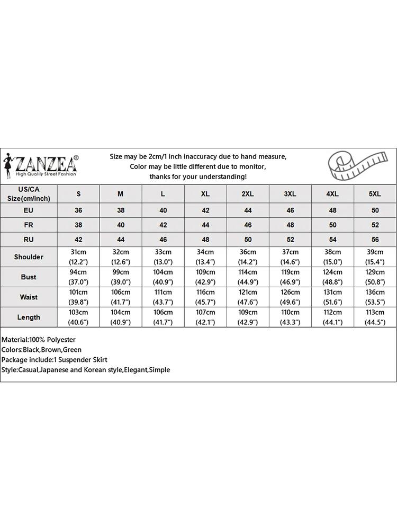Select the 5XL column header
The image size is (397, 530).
pyautogui.click(x=375, y=194)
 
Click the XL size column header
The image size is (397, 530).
pyautogui.click(x=205, y=194)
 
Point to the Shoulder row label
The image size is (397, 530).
pyautogui.click(x=29, y=257)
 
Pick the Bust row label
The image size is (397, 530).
pyautogui.click(x=29, y=277)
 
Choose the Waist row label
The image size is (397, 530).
pyautogui.click(x=29, y=297)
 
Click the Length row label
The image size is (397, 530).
pyautogui.click(x=29, y=317)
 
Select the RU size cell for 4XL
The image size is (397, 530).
pyautogui.click(x=332, y=240)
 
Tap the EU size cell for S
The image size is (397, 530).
pyautogui.click(x=78, y=210)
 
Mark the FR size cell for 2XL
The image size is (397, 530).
pyautogui.click(x=248, y=225)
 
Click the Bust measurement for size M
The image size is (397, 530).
pyautogui.click(x=121, y=277)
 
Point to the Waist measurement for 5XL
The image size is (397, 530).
pyautogui.click(x=375, y=297)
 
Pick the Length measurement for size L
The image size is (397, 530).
pyautogui.click(x=163, y=317)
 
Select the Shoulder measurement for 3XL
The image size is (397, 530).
pyautogui.click(x=290, y=257)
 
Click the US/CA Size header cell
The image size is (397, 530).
pyautogui.click(x=29, y=194)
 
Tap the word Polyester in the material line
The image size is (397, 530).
pyautogui.click(x=61, y=340)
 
